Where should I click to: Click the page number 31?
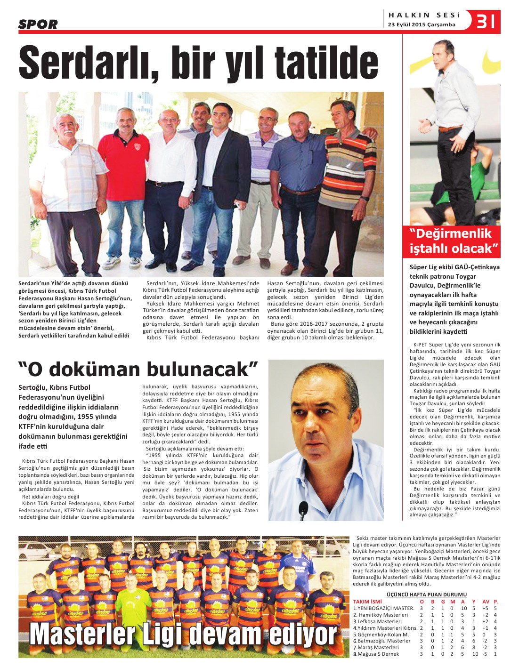(x=486, y=22)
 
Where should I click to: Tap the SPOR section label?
(x=38, y=24)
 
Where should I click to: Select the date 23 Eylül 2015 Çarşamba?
(x=422, y=25)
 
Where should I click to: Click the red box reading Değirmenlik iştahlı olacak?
(x=451, y=241)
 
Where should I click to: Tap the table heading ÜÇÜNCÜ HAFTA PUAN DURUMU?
(x=426, y=595)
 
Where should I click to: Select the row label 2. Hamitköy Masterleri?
(x=381, y=615)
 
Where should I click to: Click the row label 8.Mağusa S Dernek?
(x=376, y=654)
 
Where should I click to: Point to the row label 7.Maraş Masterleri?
(x=376, y=647)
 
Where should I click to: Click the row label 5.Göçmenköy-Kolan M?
(x=381, y=635)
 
